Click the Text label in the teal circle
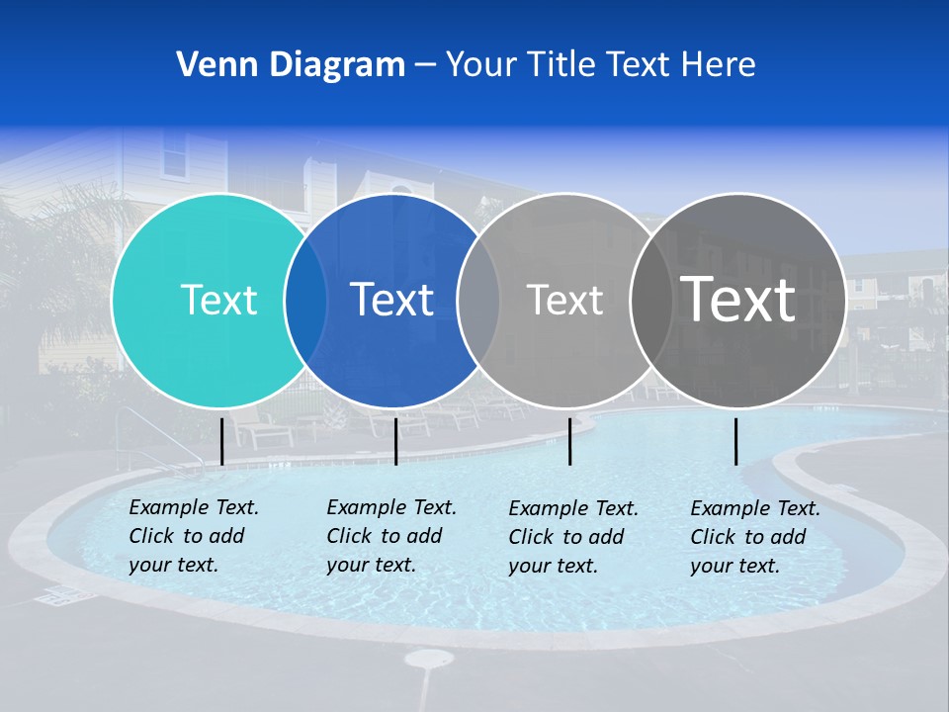pos(218,300)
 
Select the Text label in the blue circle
pos(392,300)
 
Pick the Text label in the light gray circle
pos(564,300)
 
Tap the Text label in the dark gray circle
pos(738,300)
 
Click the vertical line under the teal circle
pos(221,441)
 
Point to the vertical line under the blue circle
pos(395,441)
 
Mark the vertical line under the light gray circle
pos(569,441)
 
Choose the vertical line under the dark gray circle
pos(735,441)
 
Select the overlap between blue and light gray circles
pos(478,300)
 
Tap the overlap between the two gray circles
pos(651,300)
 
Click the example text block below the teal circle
pos(194,536)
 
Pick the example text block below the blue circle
pos(391,536)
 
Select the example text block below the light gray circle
pos(573,537)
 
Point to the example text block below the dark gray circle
pos(755,537)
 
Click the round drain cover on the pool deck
pos(429,659)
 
